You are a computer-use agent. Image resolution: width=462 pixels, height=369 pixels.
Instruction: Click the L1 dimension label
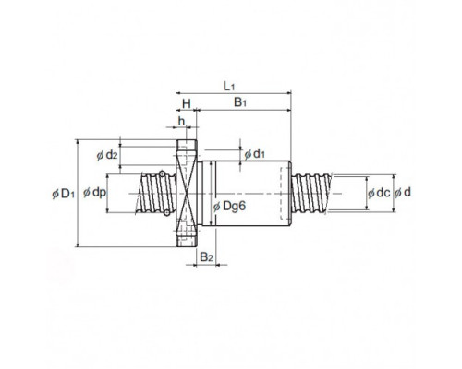tap(228, 87)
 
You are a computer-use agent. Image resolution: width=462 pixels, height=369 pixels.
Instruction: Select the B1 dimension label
tap(240, 102)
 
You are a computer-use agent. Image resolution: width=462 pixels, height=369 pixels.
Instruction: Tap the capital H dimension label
tap(187, 104)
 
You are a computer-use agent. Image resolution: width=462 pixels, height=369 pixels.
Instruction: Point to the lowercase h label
tap(181, 121)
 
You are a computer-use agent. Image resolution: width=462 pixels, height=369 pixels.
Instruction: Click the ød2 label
tap(107, 155)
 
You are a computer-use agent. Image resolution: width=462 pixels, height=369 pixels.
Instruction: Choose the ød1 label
tap(254, 154)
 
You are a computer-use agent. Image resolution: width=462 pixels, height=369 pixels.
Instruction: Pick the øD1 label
tap(64, 194)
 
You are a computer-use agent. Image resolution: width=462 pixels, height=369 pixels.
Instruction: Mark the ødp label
tap(94, 193)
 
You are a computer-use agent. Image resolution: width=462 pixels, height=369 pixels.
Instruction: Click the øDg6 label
tap(230, 207)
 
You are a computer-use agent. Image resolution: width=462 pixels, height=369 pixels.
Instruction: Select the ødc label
tap(379, 193)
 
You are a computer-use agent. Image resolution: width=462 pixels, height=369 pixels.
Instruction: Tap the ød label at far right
tap(403, 193)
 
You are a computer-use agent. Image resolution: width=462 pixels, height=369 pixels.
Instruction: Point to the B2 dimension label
tap(206, 257)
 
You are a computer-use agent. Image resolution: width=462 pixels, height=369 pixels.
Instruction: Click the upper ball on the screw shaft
tap(162, 173)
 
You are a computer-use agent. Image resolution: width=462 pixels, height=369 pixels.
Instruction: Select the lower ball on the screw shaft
tap(166, 212)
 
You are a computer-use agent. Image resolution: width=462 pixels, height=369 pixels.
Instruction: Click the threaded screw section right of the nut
tap(311, 193)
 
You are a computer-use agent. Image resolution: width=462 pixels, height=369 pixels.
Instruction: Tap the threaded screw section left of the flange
tap(156, 194)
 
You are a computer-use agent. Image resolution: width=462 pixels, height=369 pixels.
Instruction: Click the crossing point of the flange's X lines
tap(187, 194)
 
